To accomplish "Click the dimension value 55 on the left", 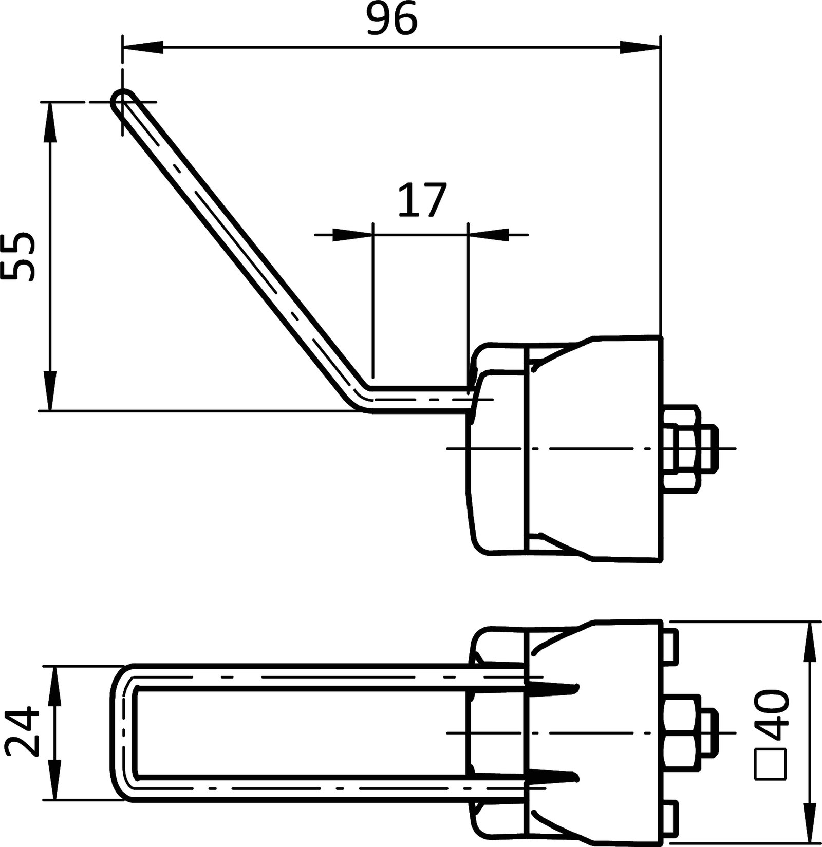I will [18, 256].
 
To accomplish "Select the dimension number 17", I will [421, 200].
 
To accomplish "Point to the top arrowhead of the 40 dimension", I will [810, 642].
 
